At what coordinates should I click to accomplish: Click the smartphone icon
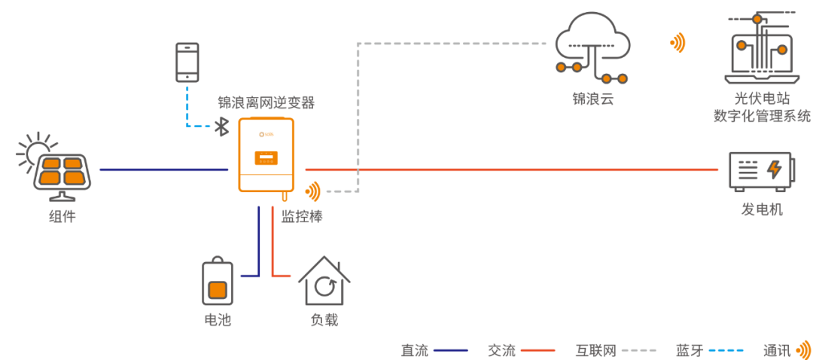tap(187, 62)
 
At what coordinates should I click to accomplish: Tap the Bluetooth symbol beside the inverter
tap(222, 126)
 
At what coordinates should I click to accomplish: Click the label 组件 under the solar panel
tap(62, 217)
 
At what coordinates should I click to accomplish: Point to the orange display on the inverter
tap(266, 158)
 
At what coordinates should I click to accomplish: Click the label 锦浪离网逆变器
tap(266, 102)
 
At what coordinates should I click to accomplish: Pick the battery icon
tap(218, 282)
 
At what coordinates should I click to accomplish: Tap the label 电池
tap(218, 320)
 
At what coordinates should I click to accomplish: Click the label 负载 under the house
tap(324, 320)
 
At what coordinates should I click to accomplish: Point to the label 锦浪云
tap(593, 99)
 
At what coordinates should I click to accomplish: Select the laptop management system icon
tap(761, 49)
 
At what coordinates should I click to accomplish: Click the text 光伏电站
tap(762, 99)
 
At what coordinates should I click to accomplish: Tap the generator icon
tap(760, 171)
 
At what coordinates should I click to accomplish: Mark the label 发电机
tap(762, 210)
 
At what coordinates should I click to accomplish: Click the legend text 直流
tap(414, 350)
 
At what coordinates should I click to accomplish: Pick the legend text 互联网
tap(595, 350)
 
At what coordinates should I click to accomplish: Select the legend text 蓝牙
tap(689, 350)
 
